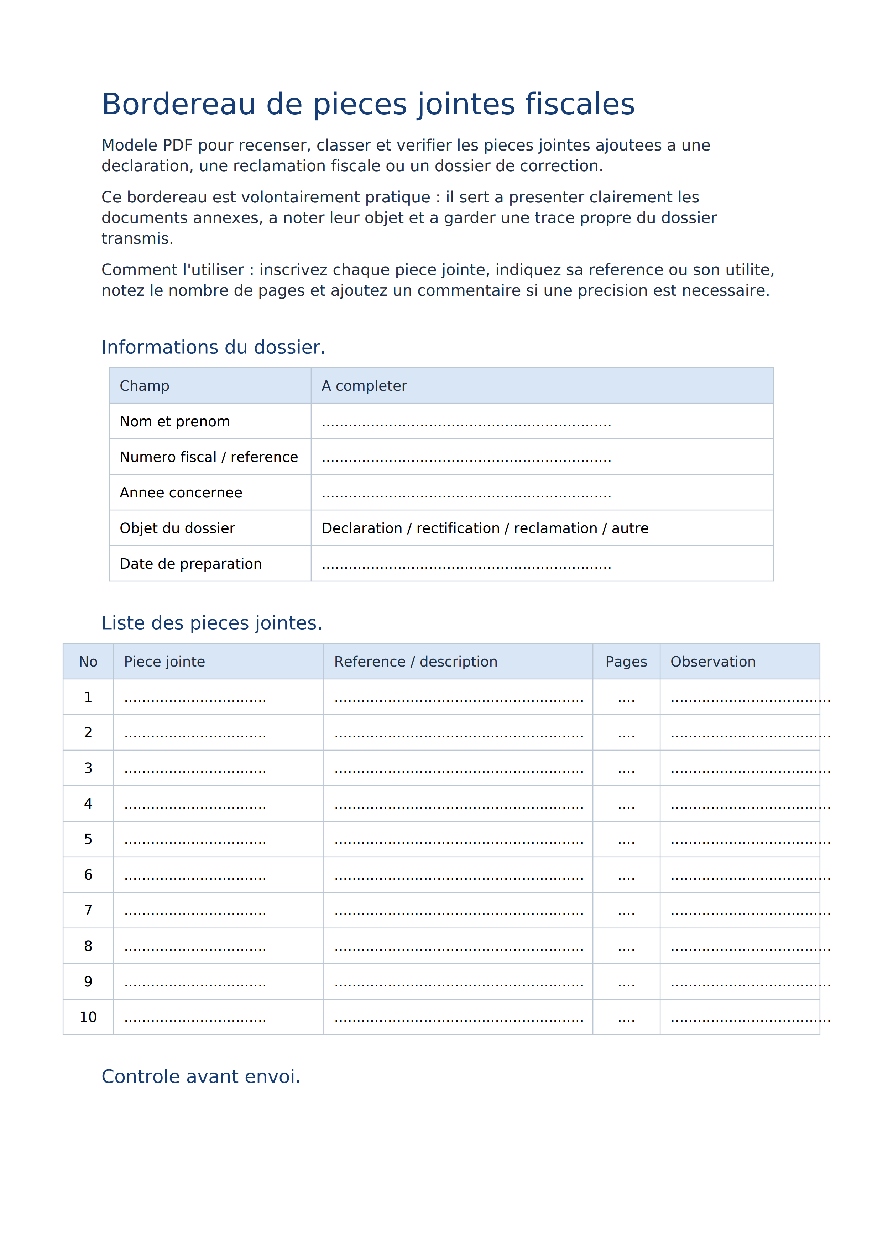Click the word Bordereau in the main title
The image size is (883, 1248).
(178, 104)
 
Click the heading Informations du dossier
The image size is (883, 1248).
(213, 347)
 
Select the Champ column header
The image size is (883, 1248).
(145, 386)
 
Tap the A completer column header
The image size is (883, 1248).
(364, 386)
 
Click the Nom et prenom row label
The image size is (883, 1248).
(174, 421)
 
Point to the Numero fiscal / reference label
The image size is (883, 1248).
(209, 457)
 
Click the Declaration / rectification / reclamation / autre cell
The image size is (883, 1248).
(485, 528)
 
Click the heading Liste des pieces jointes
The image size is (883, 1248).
(211, 623)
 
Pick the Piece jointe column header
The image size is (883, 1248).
(164, 662)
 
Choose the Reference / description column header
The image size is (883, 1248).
(416, 662)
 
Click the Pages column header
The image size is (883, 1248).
(626, 662)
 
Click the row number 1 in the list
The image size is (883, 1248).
(88, 697)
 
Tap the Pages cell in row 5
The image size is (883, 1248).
(626, 840)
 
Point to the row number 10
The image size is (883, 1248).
(88, 1017)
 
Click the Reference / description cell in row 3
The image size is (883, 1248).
(458, 769)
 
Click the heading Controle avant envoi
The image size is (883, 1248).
(200, 1077)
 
